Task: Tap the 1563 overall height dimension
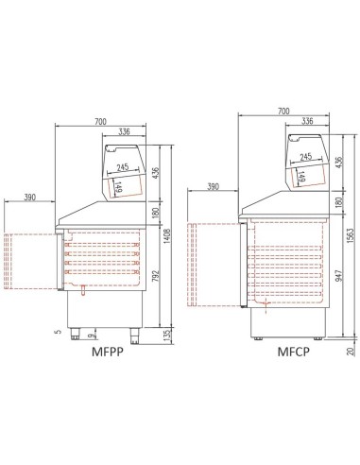tap(350, 232)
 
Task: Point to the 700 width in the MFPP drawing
tap(101, 121)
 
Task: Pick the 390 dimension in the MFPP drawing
tap(29, 197)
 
